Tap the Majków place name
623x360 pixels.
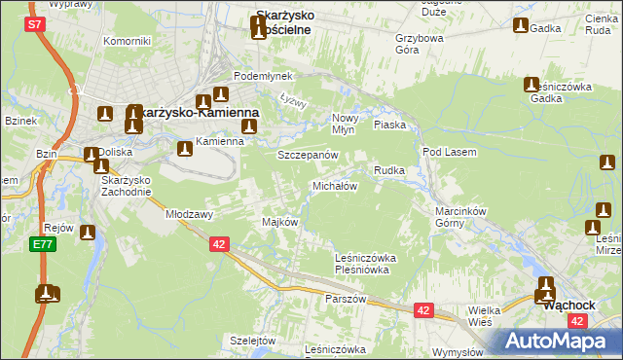(x=279, y=222)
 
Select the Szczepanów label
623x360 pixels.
(x=308, y=156)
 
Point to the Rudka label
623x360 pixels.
(x=389, y=170)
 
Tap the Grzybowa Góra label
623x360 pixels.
(x=419, y=45)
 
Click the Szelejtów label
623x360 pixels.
(x=253, y=340)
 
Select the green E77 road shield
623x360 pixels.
(x=41, y=244)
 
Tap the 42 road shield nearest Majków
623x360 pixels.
(x=219, y=244)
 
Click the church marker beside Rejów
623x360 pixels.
(x=88, y=234)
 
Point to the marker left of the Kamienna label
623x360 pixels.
(x=184, y=148)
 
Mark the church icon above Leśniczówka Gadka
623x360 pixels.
(x=531, y=86)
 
